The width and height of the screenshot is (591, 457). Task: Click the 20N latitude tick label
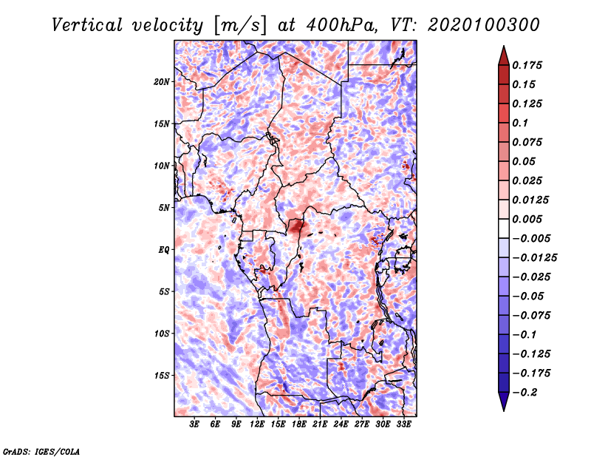click(162, 82)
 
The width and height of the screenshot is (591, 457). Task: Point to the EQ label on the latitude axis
click(164, 250)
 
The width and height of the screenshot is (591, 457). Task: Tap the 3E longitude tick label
click(194, 424)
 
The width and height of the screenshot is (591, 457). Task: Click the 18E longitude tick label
click(298, 424)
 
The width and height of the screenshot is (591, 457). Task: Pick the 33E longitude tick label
click(403, 424)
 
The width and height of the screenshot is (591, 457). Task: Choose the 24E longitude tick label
click(341, 424)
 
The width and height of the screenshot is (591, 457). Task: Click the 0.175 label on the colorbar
click(527, 65)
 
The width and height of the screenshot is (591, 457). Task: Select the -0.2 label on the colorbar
click(525, 393)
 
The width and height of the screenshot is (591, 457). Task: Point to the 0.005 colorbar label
click(527, 219)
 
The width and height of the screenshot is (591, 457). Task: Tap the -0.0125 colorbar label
click(534, 258)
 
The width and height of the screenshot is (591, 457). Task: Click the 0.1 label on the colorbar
click(520, 123)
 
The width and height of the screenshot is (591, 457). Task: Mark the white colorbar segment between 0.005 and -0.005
click(504, 228)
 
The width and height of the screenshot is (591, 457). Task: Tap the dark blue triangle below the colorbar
click(504, 400)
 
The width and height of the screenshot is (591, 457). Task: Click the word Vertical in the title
click(87, 25)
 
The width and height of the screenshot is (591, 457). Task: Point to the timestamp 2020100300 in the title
click(484, 25)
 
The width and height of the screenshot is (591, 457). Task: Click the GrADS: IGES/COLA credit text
click(41, 451)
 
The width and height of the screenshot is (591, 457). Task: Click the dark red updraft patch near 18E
click(296, 226)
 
